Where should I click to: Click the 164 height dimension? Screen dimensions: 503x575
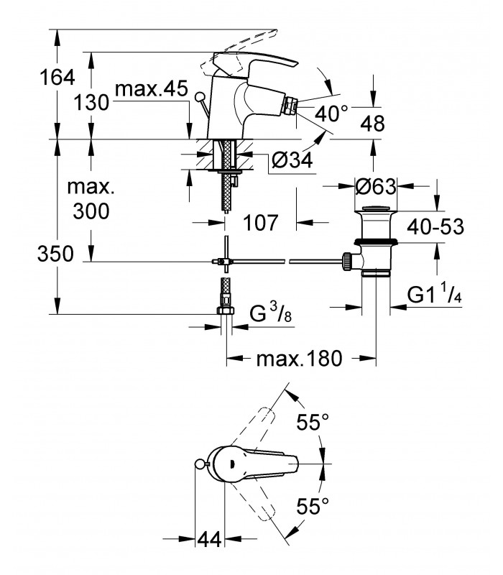57,78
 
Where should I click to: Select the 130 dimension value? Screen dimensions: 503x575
92,102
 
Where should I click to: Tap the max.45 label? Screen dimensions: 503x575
152,88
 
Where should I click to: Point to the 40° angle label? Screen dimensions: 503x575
331,114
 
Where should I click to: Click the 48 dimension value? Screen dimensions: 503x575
373,123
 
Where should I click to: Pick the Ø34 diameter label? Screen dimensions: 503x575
292,160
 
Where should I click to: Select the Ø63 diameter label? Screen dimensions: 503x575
376,187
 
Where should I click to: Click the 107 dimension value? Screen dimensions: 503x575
261,223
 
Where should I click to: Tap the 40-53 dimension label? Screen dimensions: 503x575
435,226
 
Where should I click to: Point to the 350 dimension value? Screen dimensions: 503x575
55,254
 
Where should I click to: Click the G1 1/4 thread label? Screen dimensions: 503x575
434,293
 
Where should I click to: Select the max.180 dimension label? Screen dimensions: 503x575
299,358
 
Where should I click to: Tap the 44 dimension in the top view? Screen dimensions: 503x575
210,539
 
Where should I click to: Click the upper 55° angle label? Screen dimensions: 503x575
313,422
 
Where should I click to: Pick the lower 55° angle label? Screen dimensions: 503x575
313,506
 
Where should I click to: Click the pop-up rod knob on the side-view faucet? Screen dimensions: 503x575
200,97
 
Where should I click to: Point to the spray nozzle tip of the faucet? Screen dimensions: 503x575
291,104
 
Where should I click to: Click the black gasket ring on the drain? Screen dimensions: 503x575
376,241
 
